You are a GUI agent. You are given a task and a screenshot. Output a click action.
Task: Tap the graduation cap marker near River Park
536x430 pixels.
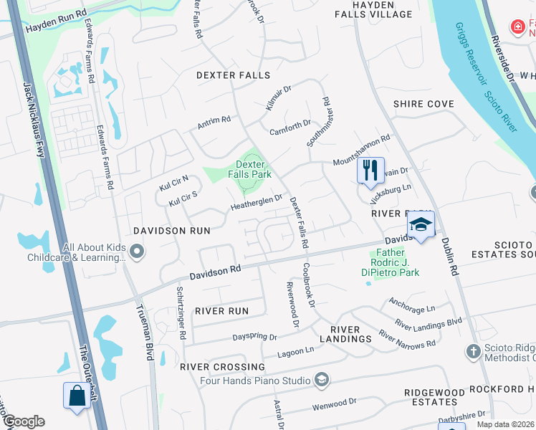[421, 225]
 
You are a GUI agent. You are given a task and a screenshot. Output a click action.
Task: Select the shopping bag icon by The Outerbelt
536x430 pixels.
[77, 396]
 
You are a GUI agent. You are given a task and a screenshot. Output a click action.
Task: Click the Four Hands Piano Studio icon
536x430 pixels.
[322, 381]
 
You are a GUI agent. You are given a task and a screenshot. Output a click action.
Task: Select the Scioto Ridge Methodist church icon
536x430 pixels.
[472, 351]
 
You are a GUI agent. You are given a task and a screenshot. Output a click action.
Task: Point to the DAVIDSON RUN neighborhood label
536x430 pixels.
[172, 231]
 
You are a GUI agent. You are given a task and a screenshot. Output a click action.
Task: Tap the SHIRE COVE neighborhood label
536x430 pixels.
[423, 104]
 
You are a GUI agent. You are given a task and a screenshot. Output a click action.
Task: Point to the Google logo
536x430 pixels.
[23, 421]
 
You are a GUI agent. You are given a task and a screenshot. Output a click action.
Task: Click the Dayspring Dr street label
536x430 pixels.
[254, 336]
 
